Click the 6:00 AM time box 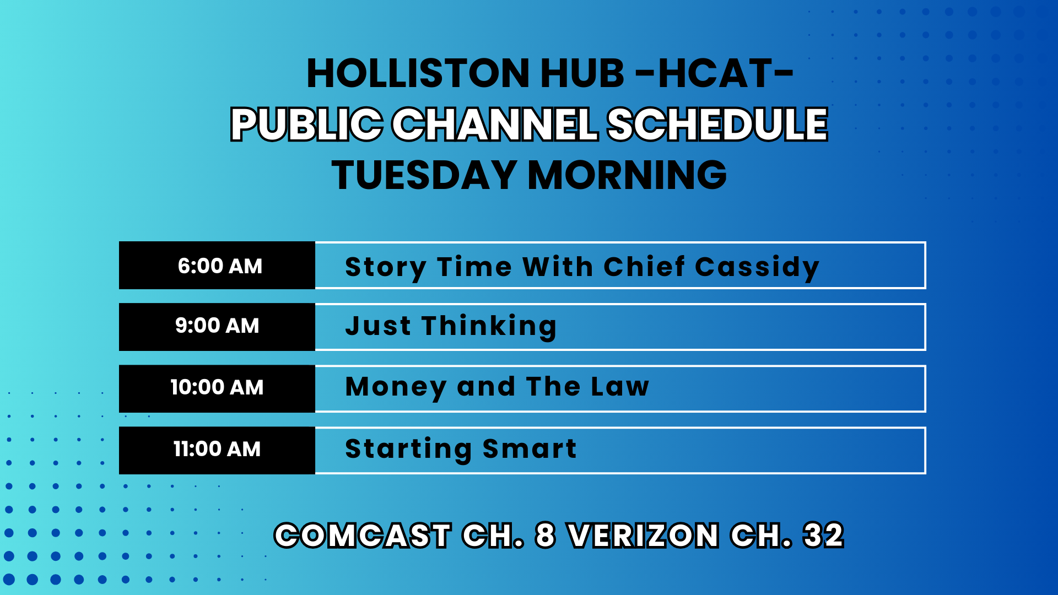coord(217,265)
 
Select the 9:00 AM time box coord(217,327)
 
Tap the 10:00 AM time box coord(217,388)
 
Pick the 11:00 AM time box coord(217,450)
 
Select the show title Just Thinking coord(451,327)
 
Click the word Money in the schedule coord(396,388)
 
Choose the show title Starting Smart coord(461,450)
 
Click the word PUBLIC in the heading coord(306,124)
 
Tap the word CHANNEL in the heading coord(495,124)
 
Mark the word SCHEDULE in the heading coord(717,124)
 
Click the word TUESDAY coord(424,175)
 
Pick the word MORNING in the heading coord(628,175)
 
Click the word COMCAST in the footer coord(363,535)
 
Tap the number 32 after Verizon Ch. coord(824,535)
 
